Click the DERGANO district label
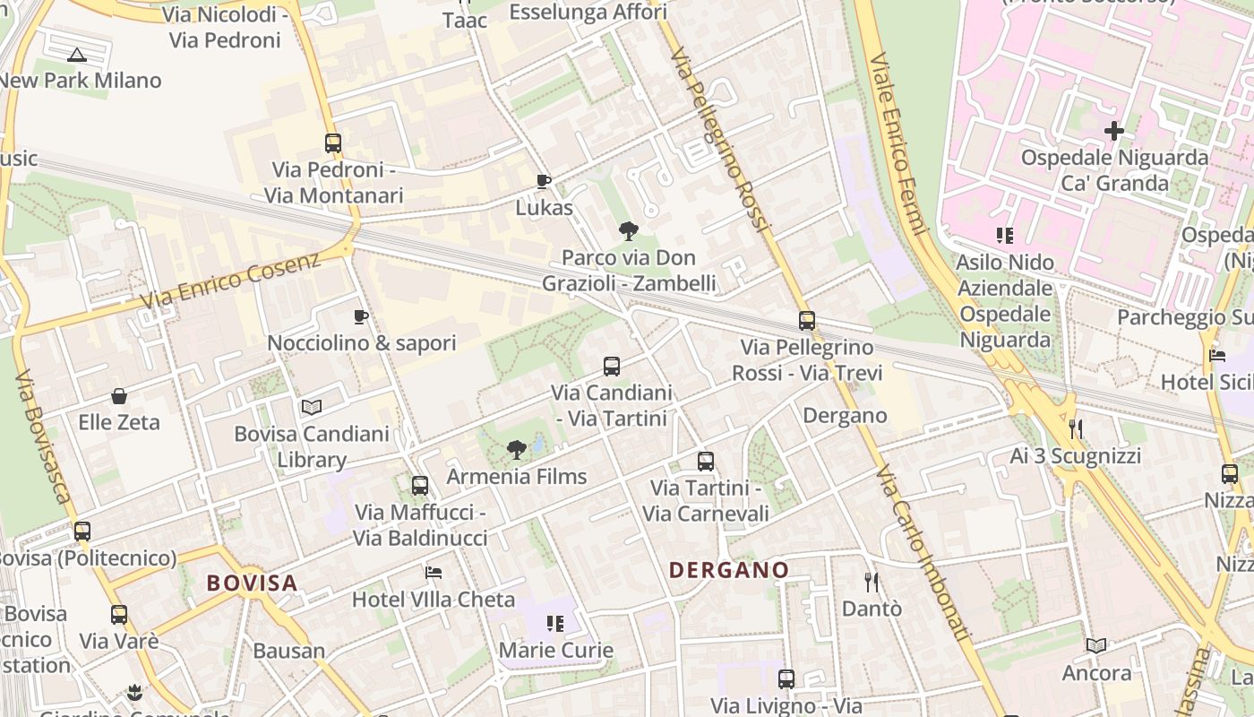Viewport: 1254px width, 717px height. click(728, 570)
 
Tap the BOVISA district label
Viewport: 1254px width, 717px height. click(252, 583)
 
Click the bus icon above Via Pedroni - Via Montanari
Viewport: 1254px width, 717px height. click(333, 143)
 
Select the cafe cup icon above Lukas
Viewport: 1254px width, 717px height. click(543, 181)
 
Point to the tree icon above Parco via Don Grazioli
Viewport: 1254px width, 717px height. click(629, 231)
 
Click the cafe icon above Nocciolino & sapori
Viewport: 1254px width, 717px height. click(361, 316)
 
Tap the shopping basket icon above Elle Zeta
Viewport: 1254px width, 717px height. click(119, 396)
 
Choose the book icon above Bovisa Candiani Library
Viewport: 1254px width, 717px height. click(311, 408)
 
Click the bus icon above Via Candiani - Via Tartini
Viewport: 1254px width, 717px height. click(612, 366)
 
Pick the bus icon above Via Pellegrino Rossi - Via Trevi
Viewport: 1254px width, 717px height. click(807, 320)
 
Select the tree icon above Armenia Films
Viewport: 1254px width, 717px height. click(516, 450)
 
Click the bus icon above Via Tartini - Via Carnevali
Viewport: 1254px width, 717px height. click(706, 462)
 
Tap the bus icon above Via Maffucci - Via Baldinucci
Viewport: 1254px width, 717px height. click(420, 486)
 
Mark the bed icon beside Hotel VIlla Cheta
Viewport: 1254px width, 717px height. click(434, 572)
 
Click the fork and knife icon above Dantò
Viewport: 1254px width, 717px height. click(872, 583)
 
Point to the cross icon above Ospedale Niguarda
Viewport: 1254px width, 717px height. click(1114, 131)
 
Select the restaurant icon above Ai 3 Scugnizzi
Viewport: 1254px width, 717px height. click(1076, 429)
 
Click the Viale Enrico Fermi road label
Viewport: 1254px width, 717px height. click(897, 143)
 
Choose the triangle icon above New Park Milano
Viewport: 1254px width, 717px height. click(77, 55)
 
